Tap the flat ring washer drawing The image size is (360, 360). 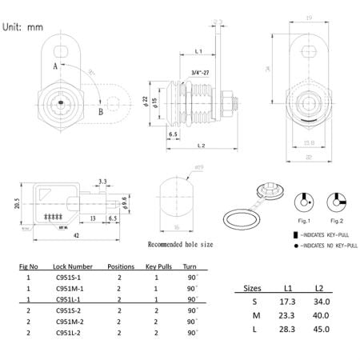[238, 218]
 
